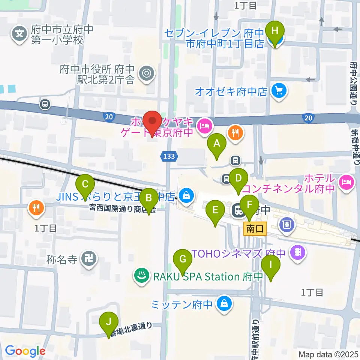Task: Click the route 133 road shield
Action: [x=169, y=156]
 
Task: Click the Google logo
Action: [x=25, y=351]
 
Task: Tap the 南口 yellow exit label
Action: [x=255, y=228]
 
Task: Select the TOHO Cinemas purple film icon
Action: [x=298, y=252]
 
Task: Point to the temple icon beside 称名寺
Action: [x=90, y=258]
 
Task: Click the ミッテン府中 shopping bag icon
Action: [x=224, y=303]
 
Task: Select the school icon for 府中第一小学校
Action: [x=19, y=34]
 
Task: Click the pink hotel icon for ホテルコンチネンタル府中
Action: [x=345, y=182]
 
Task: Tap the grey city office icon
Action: [x=146, y=73]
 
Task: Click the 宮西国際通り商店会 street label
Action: [x=122, y=207]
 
